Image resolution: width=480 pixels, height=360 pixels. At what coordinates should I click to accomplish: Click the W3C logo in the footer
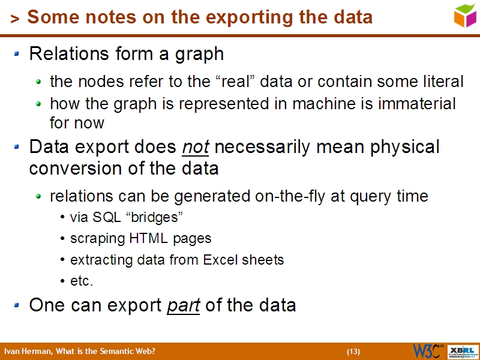428,351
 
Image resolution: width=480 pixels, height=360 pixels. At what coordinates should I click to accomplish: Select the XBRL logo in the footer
462,351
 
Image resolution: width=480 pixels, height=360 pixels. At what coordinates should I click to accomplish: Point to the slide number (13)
353,351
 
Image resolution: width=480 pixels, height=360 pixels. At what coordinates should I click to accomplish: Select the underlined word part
183,305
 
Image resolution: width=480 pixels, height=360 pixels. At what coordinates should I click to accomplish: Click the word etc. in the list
82,281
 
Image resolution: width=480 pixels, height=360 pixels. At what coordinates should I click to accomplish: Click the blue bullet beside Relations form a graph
17,54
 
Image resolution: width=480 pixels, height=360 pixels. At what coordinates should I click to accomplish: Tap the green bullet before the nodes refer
39,82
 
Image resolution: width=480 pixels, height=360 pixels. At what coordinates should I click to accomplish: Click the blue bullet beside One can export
17,305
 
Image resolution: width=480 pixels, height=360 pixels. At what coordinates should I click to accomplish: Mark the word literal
443,81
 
